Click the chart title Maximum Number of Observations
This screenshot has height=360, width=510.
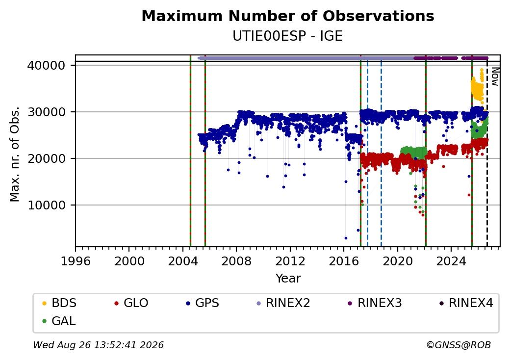click(288, 16)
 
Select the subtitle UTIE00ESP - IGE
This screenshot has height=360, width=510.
click(287, 36)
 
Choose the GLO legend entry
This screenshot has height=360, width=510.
click(131, 303)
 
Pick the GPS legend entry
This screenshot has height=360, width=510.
click(203, 303)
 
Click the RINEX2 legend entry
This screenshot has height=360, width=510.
click(283, 303)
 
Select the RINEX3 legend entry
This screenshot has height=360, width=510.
click(375, 303)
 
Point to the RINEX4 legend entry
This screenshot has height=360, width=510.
click(466, 303)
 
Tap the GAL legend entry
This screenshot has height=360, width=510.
click(59, 321)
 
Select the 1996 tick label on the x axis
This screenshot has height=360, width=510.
click(76, 261)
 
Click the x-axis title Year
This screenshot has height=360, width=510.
click(288, 279)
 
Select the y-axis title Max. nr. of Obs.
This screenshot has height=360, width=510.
click(15, 154)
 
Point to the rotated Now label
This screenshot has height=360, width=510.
click(495, 77)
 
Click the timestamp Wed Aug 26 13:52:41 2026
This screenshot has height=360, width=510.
click(99, 345)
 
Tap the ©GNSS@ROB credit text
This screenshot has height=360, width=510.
click(459, 345)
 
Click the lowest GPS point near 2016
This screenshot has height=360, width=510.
click(346, 238)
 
